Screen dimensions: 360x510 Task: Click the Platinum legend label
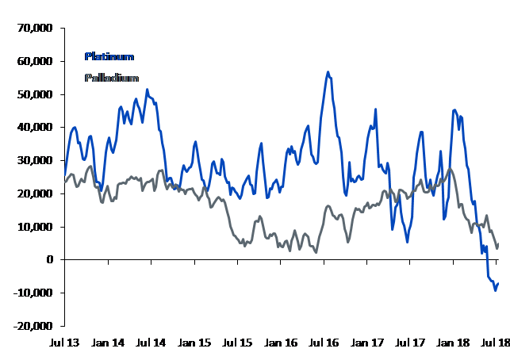[x=109, y=57]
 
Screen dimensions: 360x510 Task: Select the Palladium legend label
[x=111, y=78]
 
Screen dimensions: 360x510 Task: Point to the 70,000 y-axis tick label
[x=35, y=28]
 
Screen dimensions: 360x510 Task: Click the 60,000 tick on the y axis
[x=35, y=61]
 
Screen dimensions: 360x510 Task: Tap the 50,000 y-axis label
[x=35, y=94]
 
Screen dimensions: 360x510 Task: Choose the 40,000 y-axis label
[x=35, y=127]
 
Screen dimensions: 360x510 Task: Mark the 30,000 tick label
[x=35, y=160]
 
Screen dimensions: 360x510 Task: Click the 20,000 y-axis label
[x=35, y=193]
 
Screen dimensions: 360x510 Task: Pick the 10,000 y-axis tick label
[x=35, y=227]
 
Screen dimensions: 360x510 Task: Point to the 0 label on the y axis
[x=49, y=259]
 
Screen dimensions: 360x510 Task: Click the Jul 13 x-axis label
[x=65, y=343]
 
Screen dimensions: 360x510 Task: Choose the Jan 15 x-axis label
[x=194, y=343]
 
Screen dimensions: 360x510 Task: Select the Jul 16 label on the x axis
[x=324, y=343]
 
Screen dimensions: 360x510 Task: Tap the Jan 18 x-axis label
[x=454, y=343]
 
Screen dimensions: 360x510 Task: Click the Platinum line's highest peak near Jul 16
[x=328, y=71]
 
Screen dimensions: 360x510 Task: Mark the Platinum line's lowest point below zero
[x=496, y=290]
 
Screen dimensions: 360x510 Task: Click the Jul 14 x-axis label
[x=151, y=343]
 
